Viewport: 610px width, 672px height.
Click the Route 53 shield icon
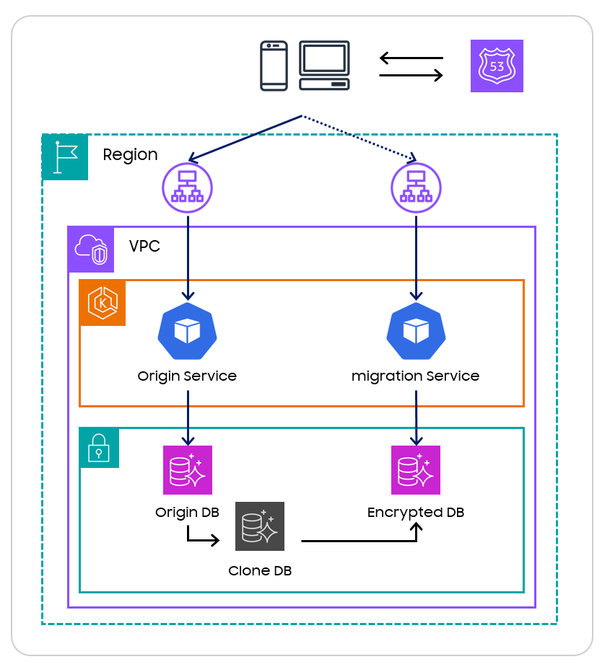(497, 66)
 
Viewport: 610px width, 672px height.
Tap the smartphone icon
(274, 66)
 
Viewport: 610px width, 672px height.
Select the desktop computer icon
(325, 66)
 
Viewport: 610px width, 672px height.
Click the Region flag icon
(65, 157)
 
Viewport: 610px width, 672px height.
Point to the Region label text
(130, 155)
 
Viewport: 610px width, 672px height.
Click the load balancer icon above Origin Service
(188, 187)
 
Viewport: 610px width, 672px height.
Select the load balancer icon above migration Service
(416, 187)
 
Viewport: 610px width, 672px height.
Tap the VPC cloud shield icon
(91, 249)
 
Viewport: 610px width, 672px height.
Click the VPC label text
(144, 247)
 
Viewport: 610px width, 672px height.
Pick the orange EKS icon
(103, 303)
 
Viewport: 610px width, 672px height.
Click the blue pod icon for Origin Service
(188, 332)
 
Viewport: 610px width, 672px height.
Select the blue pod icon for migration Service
(416, 332)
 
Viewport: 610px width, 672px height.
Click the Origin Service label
(187, 376)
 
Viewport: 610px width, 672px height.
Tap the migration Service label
(415, 376)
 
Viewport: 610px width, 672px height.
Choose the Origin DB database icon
(188, 470)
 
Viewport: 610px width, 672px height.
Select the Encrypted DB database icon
(416, 470)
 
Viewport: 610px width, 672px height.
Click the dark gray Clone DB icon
(260, 526)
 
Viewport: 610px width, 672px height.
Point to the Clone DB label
(260, 571)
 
